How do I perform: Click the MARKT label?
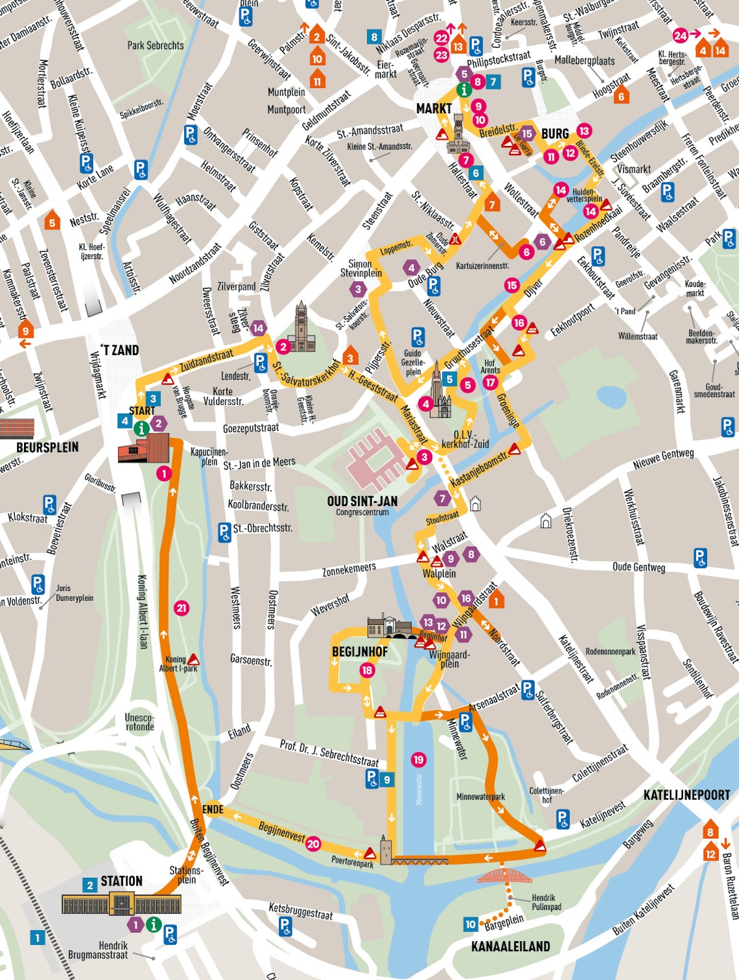[434, 109]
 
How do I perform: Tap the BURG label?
[555, 134]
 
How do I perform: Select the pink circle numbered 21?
[181, 608]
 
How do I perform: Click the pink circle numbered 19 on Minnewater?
[419, 760]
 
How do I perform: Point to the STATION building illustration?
[121, 904]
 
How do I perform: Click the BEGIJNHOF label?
[360, 652]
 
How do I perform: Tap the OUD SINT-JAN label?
[362, 502]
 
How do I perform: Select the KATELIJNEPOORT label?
[687, 795]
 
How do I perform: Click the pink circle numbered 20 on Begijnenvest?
[313, 843]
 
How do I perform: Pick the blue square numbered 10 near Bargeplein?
[470, 924]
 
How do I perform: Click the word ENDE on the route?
[213, 809]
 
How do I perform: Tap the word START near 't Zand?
[142, 411]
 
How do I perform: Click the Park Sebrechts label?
[155, 46]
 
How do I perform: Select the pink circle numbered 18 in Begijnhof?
[367, 670]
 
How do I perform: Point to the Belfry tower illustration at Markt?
[458, 137]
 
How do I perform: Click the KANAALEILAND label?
[511, 946]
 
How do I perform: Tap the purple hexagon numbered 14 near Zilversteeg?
[258, 328]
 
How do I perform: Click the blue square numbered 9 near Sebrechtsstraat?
[387, 779]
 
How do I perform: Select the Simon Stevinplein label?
[361, 268]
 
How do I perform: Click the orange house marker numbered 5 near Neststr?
[52, 220]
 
